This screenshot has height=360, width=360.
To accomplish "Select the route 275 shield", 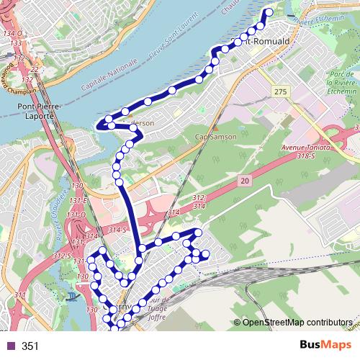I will coord(280,91).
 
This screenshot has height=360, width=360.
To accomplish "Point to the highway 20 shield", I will coord(245,184).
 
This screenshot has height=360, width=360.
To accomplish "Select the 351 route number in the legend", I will coord(30,346).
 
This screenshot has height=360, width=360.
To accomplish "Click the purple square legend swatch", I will coord(10,346).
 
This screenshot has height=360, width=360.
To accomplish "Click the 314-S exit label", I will coord(117,229).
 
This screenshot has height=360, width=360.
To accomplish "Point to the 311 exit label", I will coord(20,295).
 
